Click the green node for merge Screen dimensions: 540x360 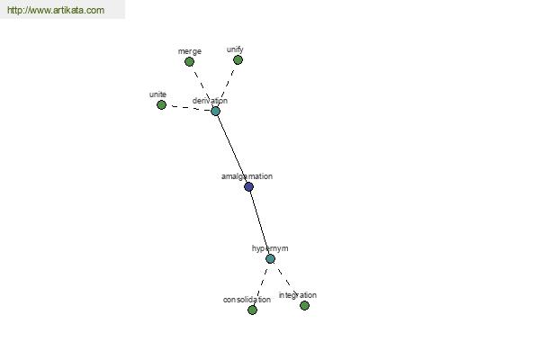[x=189, y=62]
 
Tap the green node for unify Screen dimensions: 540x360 [x=238, y=60]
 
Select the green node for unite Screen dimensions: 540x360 [x=161, y=104]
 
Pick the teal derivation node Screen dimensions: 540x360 [x=215, y=111]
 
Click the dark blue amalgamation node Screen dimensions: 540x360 [x=248, y=186]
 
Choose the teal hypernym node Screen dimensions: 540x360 [x=270, y=258]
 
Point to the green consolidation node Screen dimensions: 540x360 [x=252, y=310]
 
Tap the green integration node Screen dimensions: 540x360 [x=304, y=305]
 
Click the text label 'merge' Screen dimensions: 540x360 [x=190, y=51]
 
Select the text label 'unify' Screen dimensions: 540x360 [x=235, y=49]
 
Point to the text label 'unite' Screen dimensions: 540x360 [x=157, y=94]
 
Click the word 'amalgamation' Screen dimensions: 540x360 [x=247, y=176]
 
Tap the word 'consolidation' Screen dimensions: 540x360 [x=247, y=300]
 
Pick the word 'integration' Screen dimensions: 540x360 [x=298, y=295]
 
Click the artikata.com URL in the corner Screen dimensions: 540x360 [x=56, y=10]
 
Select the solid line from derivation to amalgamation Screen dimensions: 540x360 [x=232, y=148]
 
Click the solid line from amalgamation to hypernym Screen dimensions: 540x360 [x=260, y=223]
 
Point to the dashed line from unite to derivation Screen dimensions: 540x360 [x=189, y=108]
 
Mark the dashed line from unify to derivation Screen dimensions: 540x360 [x=227, y=85]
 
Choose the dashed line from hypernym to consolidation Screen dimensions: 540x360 [x=261, y=284]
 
